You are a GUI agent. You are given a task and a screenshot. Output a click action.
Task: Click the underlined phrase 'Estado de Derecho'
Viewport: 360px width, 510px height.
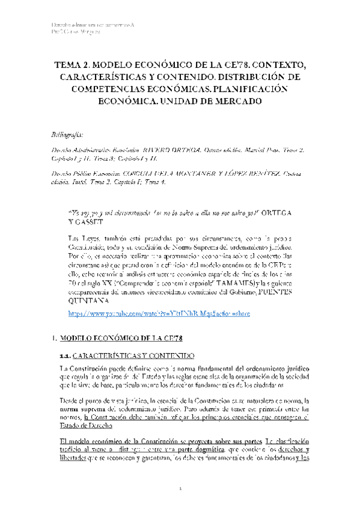(84, 411)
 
